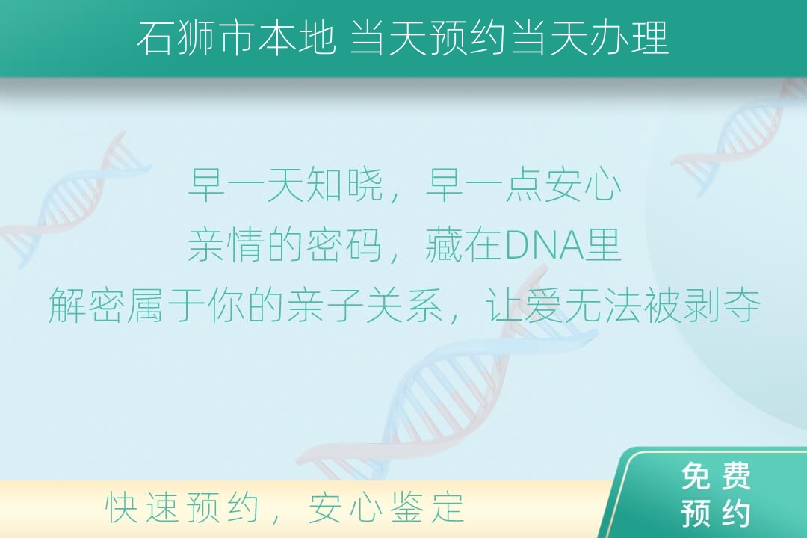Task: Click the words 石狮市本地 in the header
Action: (x=236, y=37)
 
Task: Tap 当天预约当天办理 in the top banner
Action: (x=509, y=37)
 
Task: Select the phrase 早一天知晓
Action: (x=286, y=185)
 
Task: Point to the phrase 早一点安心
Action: (x=523, y=185)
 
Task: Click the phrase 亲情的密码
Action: (x=285, y=244)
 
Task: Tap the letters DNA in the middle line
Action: (x=544, y=246)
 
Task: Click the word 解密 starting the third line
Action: (x=88, y=305)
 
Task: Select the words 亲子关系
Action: (x=365, y=305)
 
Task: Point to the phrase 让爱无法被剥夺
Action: (x=622, y=305)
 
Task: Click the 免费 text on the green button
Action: (x=716, y=476)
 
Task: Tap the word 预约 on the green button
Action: (x=716, y=513)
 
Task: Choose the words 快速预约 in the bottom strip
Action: (x=182, y=507)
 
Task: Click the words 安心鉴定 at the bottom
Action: (x=386, y=507)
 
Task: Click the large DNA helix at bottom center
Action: (x=448, y=376)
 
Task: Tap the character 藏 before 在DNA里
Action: (x=444, y=244)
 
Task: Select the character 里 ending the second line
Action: (x=603, y=244)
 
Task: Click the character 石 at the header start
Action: (x=155, y=38)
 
